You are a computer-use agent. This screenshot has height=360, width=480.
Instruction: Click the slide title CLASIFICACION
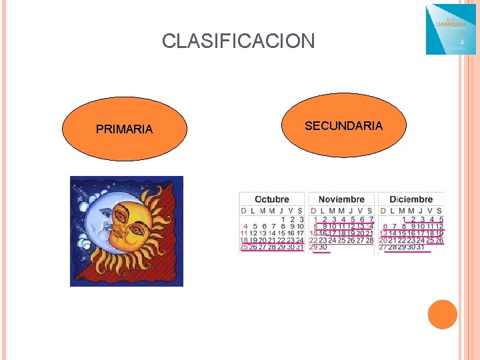pos(238,41)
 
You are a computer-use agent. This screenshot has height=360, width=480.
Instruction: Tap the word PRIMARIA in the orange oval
pos(124,129)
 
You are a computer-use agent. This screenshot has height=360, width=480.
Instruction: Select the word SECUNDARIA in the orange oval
pos(343,126)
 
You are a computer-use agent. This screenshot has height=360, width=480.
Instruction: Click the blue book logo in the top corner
pos(451,29)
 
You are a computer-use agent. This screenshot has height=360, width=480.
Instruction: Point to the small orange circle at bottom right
pos(442,314)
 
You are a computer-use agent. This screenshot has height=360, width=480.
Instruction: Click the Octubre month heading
pos(272,199)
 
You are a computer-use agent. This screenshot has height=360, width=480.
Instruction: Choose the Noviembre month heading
pos(341,199)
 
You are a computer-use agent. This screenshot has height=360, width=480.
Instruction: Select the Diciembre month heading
pos(411,199)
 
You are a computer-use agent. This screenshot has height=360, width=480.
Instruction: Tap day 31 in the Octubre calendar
pos(299,247)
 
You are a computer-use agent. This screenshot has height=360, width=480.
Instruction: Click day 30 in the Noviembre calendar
pos(323,247)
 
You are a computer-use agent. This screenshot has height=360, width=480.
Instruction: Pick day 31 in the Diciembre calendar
pos(420,247)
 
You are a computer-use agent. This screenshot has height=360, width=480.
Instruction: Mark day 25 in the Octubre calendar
pos(244,247)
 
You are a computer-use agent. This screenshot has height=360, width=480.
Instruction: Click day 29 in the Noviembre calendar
pos(313,247)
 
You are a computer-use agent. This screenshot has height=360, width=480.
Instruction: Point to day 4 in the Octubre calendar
pos(245,226)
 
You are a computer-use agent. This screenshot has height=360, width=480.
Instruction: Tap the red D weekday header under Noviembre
pos(313,211)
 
